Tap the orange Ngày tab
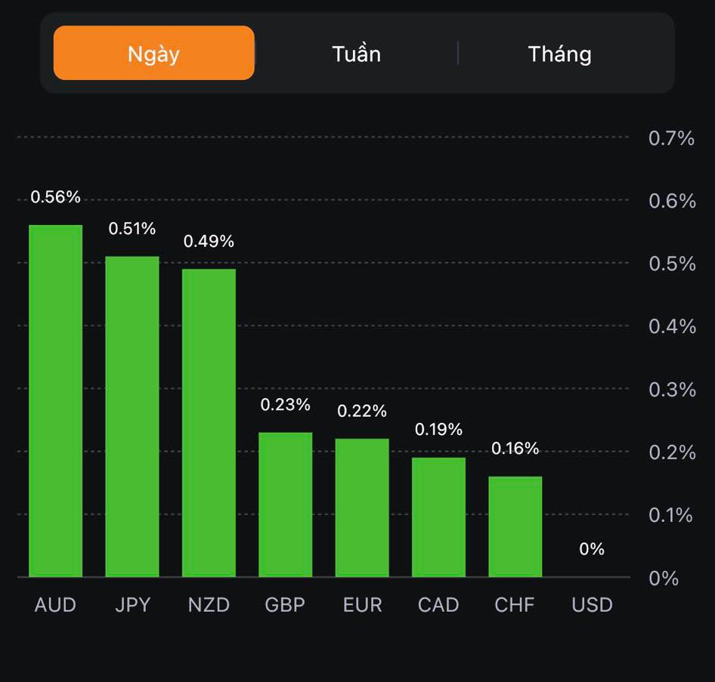pos(153,54)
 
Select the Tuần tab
pos(356,54)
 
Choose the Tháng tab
pos(559,54)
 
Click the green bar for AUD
pos(56,400)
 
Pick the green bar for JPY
pos(132,416)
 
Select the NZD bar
pos(209,422)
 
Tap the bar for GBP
pos(285,504)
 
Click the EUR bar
pos(362,507)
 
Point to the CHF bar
pos(515,526)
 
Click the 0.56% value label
pos(55,197)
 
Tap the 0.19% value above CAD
pos(438,430)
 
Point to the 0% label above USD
pos(592,550)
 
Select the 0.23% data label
pos(285,405)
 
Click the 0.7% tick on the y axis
pos(671,138)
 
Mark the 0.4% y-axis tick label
pos(671,326)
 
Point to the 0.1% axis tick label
pos(671,515)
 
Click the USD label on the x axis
pos(592,605)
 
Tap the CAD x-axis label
pos(438,605)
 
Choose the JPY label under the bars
pos(132,605)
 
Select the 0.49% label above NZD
pos(209,242)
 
